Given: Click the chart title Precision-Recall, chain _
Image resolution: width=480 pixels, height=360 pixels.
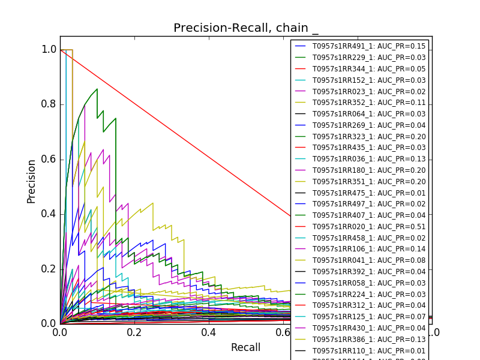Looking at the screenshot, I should [x=246, y=28].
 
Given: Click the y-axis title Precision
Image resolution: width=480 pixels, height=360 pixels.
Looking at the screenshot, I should [x=32, y=181].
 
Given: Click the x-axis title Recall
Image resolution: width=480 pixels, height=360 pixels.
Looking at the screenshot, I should [x=246, y=347].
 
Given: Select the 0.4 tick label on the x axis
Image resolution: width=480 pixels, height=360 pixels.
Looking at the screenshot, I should [x=209, y=332].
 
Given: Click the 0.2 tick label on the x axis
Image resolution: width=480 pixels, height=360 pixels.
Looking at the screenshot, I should [x=134, y=332].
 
